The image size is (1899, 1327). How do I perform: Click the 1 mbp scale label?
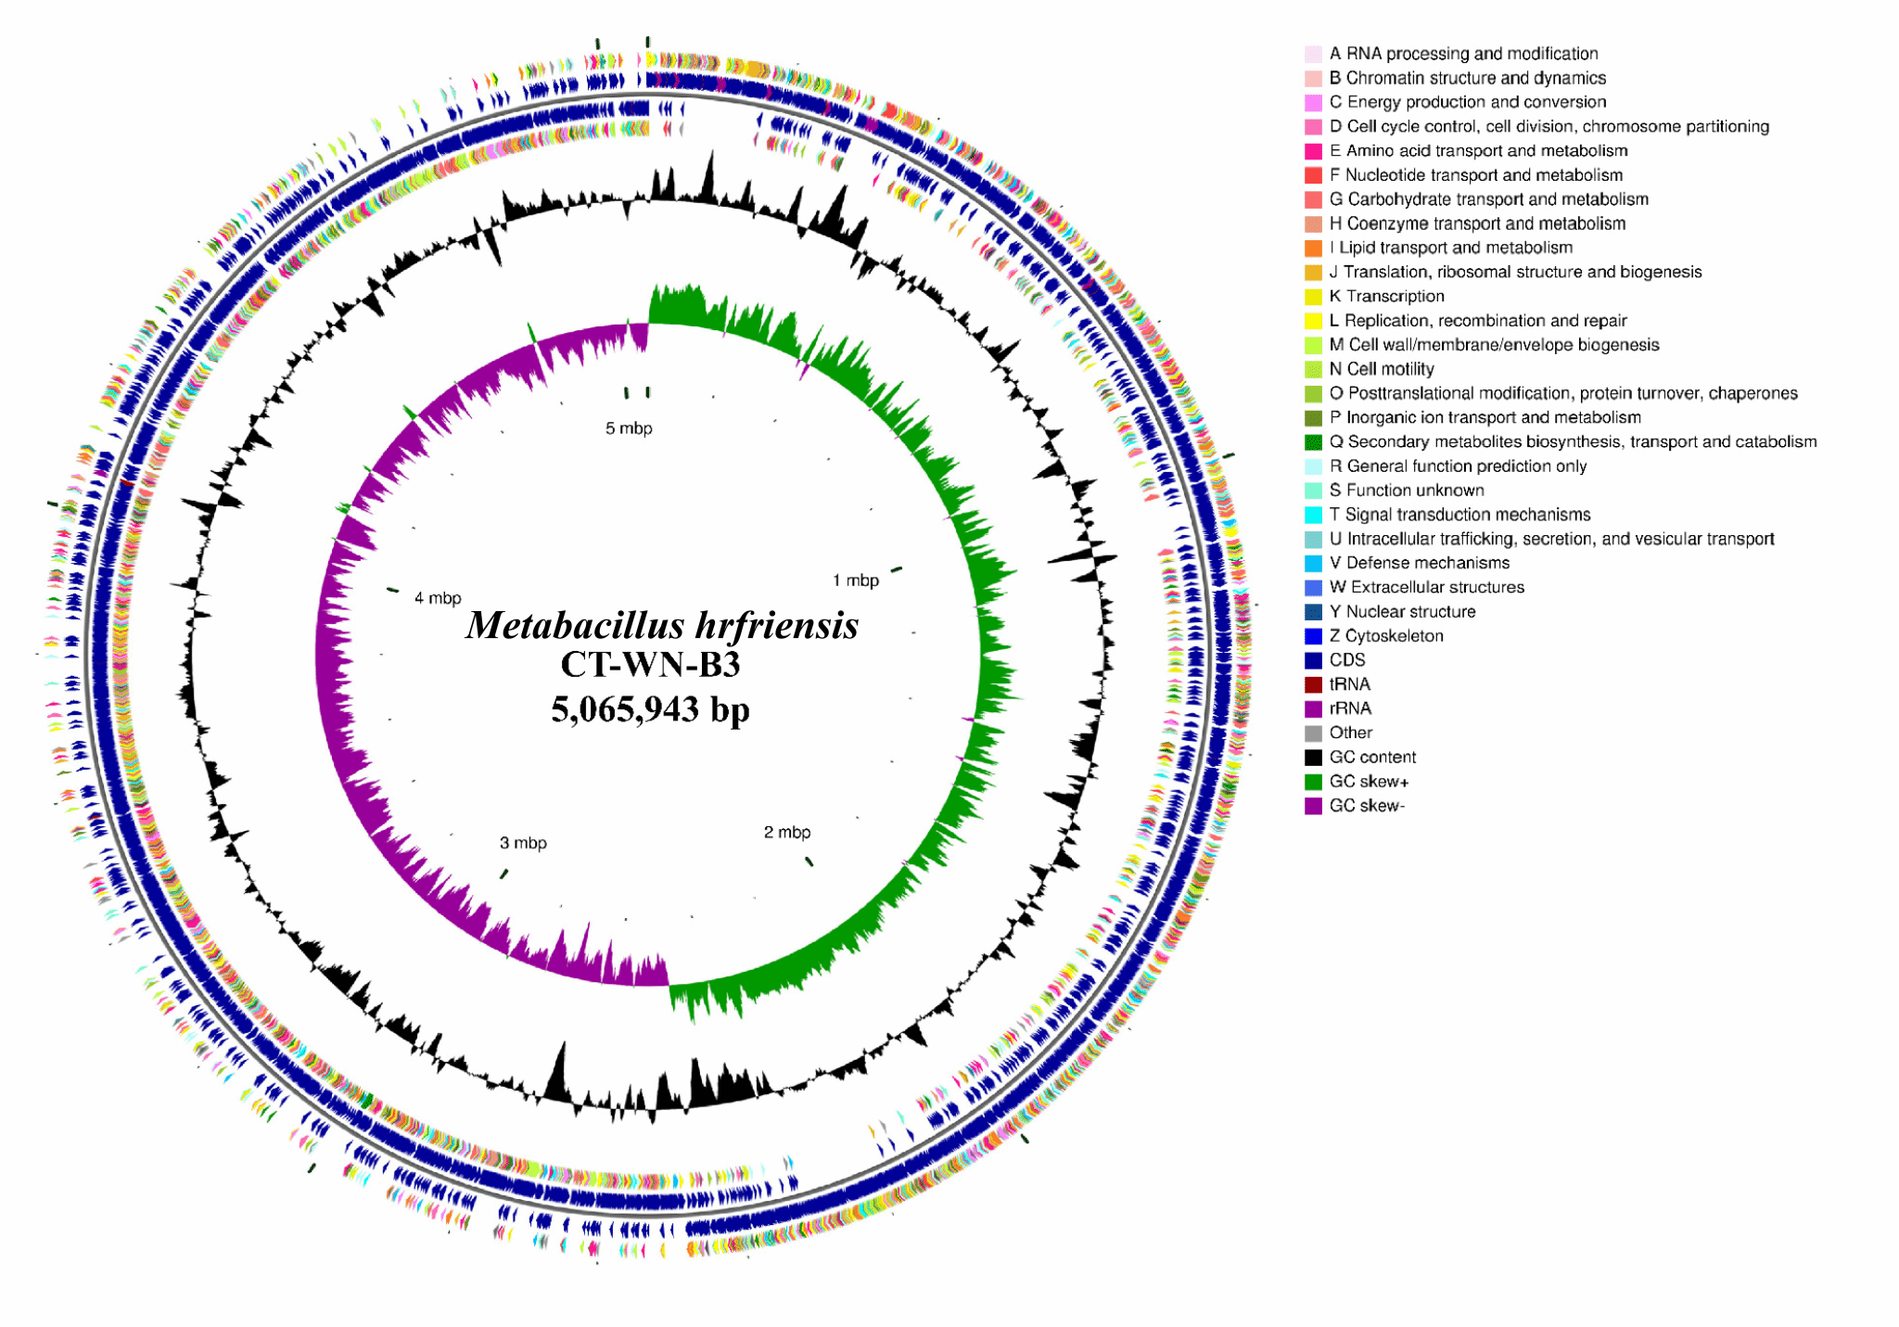pyautogui.click(x=855, y=581)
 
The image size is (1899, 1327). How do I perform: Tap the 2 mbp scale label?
pyautogui.click(x=786, y=832)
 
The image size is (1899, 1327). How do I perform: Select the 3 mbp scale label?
pyautogui.click(x=523, y=843)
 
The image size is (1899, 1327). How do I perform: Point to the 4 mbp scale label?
pyautogui.click(x=438, y=598)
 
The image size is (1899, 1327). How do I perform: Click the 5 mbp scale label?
pyautogui.click(x=629, y=428)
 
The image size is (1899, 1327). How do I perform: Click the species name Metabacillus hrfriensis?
pyautogui.click(x=661, y=625)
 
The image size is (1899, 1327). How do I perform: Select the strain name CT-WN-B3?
pyautogui.click(x=650, y=665)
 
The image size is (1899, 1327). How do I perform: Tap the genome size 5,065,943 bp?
pyautogui.click(x=650, y=709)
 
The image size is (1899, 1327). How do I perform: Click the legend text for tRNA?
pyautogui.click(x=1349, y=684)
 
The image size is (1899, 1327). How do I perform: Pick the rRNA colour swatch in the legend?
pyautogui.click(x=1313, y=708)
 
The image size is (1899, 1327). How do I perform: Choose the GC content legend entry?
pyautogui.click(x=1371, y=757)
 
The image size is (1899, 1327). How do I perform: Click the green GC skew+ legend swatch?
pyautogui.click(x=1313, y=782)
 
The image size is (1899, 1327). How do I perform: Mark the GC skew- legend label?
pyautogui.click(x=1367, y=806)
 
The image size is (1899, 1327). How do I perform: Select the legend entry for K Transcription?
pyautogui.click(x=1386, y=296)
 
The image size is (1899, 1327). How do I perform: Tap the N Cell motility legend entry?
pyautogui.click(x=1381, y=369)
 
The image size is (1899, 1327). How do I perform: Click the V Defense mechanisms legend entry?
pyautogui.click(x=1419, y=563)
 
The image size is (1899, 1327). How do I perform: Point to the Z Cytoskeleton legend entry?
pyautogui.click(x=1385, y=636)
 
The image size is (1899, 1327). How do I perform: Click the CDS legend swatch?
pyautogui.click(x=1313, y=660)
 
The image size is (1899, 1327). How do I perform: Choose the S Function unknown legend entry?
pyautogui.click(x=1406, y=491)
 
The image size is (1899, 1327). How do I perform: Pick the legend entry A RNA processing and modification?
pyautogui.click(x=1463, y=54)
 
